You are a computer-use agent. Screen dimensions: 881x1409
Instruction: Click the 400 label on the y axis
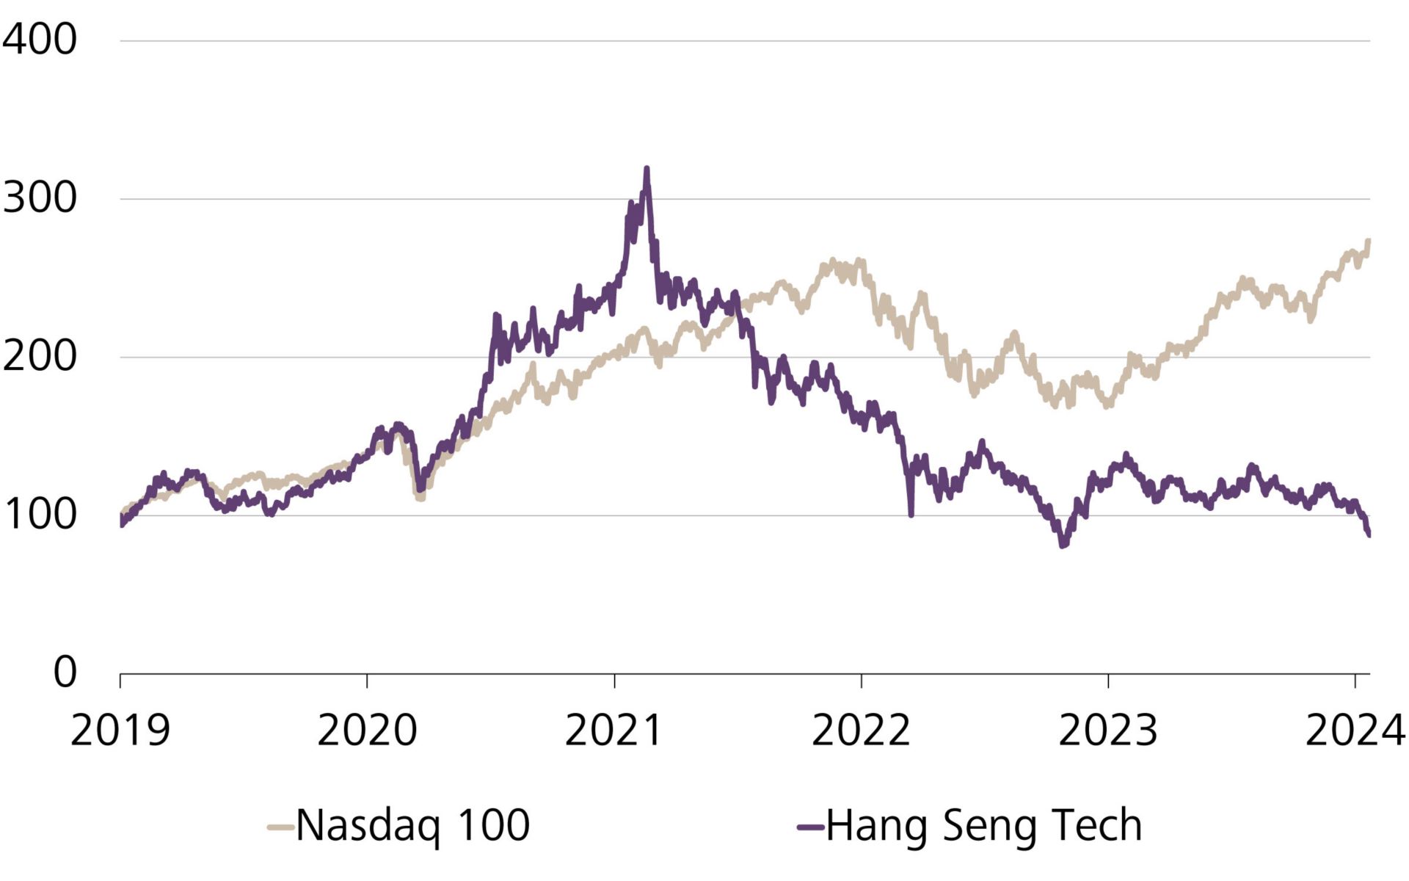(39, 40)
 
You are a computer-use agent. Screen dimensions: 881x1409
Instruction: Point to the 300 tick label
(39, 198)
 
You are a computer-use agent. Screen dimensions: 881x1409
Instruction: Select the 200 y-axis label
(39, 357)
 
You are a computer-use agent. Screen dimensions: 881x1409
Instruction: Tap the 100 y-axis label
(39, 515)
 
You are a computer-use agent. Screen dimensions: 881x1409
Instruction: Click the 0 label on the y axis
(65, 672)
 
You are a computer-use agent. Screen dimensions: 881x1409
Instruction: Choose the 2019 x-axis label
(120, 730)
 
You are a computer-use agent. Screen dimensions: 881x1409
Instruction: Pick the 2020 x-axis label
(367, 730)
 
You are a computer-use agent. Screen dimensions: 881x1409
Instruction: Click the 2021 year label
(614, 730)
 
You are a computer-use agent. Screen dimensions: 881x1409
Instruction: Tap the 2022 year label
(861, 730)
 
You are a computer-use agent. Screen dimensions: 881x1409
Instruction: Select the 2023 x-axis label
(1107, 730)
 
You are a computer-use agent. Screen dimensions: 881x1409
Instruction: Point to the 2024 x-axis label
(1355, 730)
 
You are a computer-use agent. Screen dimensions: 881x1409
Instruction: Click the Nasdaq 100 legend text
(412, 825)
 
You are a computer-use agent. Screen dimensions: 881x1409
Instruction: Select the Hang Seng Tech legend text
(984, 825)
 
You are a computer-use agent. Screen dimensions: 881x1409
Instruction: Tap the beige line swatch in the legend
(280, 827)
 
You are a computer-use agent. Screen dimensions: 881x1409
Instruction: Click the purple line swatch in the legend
(810, 827)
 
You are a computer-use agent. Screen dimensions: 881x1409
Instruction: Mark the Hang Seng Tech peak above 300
(647, 170)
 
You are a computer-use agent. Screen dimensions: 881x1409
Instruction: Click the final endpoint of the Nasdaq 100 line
(1369, 241)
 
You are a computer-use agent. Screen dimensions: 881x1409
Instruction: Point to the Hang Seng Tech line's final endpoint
(1369, 535)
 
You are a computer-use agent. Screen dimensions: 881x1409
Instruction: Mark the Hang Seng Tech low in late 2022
(1063, 545)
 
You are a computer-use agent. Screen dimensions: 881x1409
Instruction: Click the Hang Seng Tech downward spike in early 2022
(911, 514)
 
